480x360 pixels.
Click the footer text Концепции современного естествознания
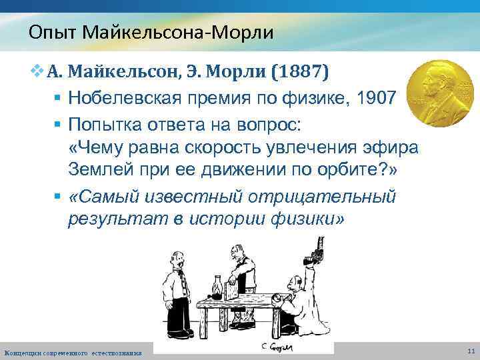[73, 351]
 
